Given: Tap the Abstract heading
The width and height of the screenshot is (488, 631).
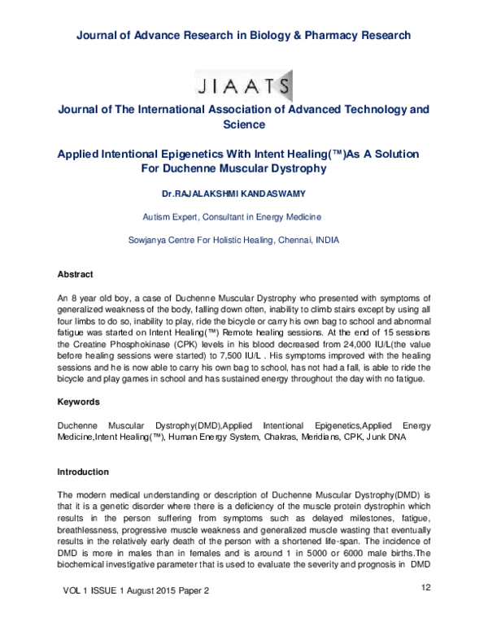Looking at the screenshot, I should point(75,274).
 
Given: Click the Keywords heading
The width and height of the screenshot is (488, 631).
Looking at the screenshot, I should point(79,402).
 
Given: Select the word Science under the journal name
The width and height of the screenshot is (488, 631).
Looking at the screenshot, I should point(243,124).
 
